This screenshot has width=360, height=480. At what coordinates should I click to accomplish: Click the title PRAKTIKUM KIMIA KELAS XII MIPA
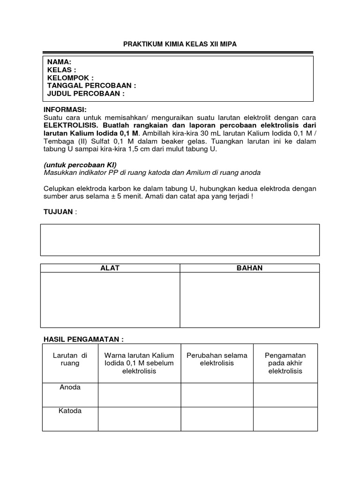point(180,44)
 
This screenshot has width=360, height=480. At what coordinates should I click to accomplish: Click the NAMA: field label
point(59,62)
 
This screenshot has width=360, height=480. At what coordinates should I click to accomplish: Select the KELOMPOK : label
point(70,78)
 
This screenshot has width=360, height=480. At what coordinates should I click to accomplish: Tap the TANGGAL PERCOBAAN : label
point(91,86)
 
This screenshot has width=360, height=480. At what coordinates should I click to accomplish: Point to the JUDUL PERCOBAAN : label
point(86,94)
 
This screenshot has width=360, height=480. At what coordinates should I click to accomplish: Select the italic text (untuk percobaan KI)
point(79,165)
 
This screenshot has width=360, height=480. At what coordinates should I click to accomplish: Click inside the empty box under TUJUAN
point(180,240)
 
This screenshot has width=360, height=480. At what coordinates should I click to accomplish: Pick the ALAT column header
point(110,268)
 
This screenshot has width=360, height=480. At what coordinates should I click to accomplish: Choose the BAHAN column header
point(250,268)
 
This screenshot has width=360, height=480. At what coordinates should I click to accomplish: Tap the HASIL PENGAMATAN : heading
point(83,339)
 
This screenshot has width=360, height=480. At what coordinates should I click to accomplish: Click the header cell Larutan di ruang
point(70,359)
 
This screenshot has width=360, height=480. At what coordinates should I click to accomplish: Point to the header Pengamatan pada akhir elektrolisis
point(285,363)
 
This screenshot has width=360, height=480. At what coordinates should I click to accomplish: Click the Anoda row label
point(70,388)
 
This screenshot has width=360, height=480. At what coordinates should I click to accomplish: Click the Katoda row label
point(70,411)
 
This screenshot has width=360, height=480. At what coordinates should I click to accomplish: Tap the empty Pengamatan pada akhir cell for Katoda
point(285,419)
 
